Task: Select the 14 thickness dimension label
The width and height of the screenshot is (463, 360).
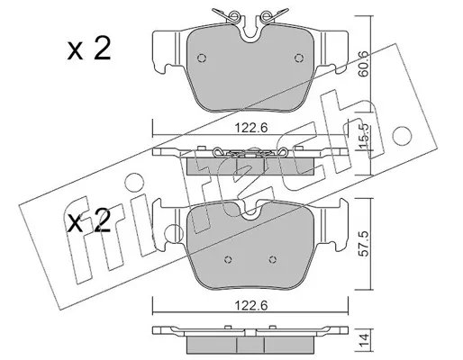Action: click(x=364, y=341)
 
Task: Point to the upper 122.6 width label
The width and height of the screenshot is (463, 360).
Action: click(x=250, y=129)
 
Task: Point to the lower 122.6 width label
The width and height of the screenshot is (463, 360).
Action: click(x=250, y=306)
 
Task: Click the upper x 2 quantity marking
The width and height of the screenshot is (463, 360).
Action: click(x=89, y=49)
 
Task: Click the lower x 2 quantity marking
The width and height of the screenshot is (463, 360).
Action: click(x=89, y=221)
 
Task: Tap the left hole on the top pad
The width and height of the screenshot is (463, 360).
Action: click(x=202, y=58)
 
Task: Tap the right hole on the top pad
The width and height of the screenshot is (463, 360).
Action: click(x=298, y=58)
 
